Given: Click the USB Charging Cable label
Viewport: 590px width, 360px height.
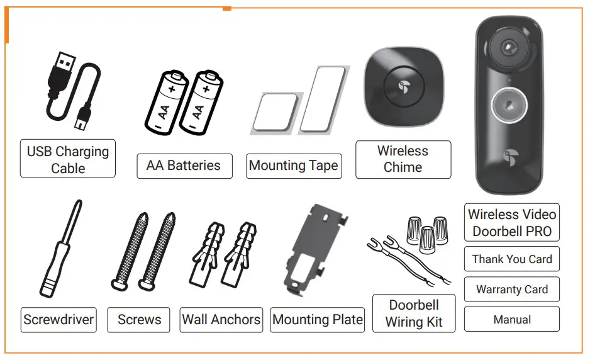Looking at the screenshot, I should pos(68,159).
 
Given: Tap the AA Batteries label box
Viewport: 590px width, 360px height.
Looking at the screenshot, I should pos(184,166).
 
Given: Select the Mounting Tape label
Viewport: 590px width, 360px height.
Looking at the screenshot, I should pos(294,166).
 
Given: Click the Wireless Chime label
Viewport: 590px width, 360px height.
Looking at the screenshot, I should pos(403,159).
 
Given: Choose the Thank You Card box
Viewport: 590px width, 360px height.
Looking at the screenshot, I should pos(512,259).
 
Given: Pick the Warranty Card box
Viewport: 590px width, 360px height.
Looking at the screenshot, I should pos(512,290).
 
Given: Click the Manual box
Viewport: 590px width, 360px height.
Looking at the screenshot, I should pos(512,320).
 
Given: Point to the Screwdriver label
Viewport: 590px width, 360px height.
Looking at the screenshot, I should pos(58,320).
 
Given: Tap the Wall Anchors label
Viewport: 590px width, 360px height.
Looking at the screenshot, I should pos(221,320).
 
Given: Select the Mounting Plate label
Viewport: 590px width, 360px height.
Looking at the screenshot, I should pos(318,320).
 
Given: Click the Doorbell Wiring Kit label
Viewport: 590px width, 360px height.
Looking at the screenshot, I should pos(414,313).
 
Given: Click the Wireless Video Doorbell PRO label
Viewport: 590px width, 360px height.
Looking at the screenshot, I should pos(512,223).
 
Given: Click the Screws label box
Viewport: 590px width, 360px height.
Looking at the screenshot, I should pos(139,320).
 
